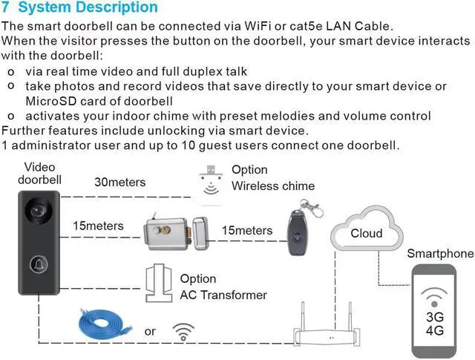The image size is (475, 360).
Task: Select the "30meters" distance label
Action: coord(120,183)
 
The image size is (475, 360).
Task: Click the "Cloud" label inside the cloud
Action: coord(367,234)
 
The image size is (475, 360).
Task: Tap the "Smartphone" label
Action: coord(439,254)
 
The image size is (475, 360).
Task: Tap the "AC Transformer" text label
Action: coord(223,295)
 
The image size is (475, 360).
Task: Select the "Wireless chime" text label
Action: coord(273,186)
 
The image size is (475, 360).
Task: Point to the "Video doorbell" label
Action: coord(39,174)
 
